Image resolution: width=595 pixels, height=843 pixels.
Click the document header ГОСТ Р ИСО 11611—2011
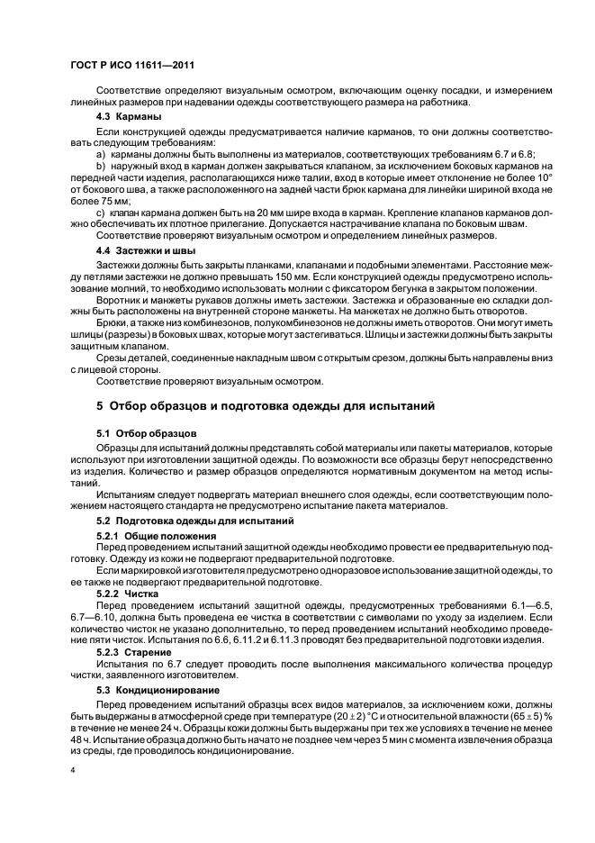[x=131, y=67]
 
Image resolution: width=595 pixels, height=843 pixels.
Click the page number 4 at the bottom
[x=73, y=770]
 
